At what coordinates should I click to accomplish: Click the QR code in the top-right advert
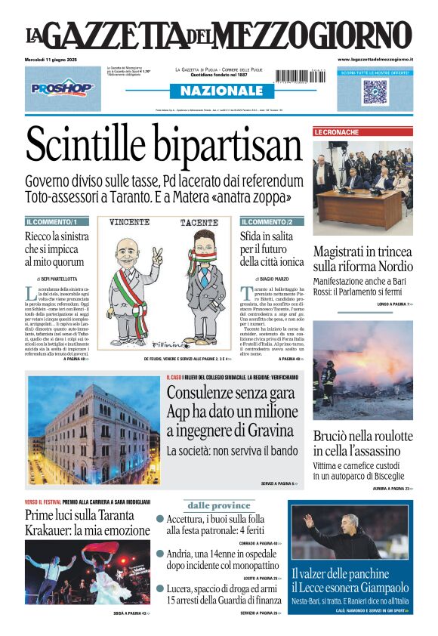375,91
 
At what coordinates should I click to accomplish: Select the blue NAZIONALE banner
217,91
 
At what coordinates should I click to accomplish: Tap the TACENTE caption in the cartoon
198,224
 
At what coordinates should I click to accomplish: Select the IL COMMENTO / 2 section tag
267,222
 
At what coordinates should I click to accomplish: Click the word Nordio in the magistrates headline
394,267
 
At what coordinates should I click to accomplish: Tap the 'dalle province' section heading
218,505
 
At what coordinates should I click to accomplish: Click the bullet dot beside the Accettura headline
160,519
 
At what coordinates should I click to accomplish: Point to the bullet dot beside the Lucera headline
160,588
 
